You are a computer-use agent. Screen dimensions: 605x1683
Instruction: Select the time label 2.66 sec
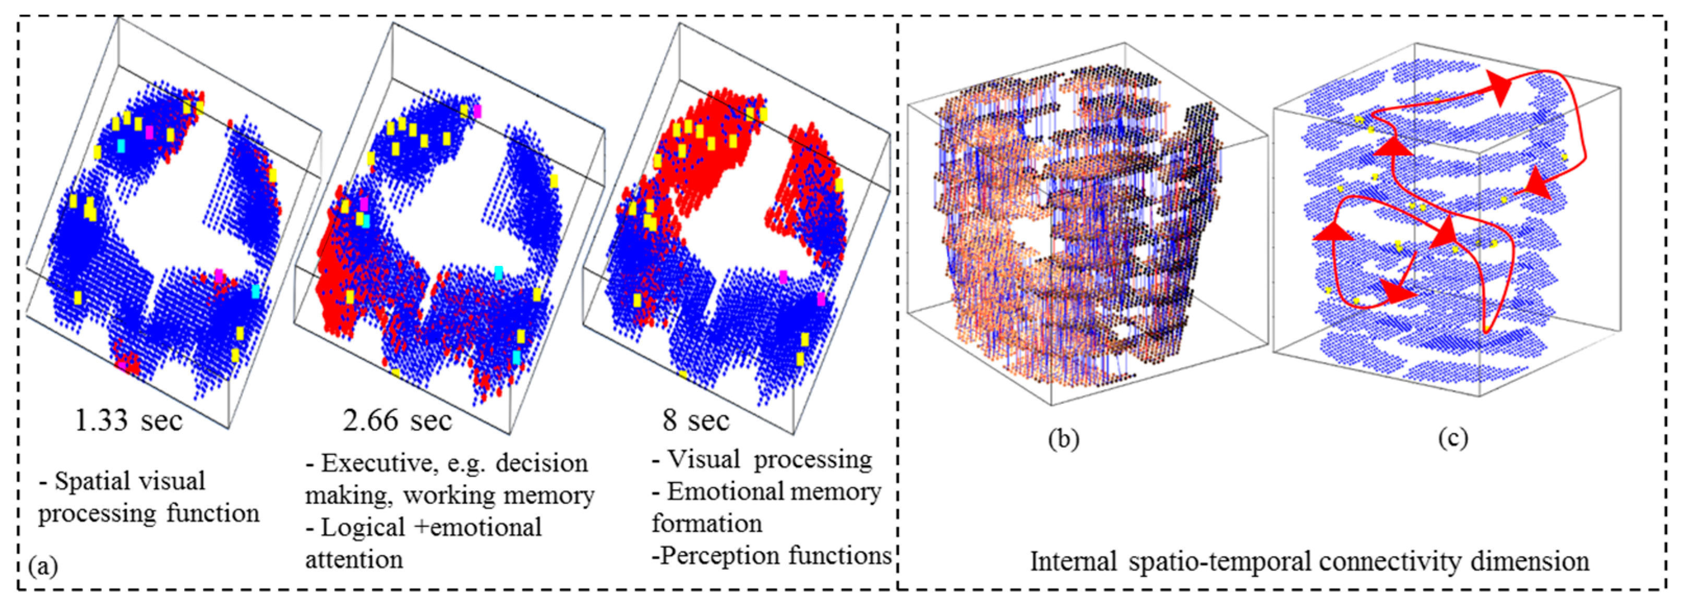397,420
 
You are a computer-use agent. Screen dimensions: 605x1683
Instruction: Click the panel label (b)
1063,439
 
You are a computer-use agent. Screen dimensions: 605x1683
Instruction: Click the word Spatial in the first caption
95,481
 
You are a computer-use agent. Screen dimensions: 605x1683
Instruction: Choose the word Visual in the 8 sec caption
704,459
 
